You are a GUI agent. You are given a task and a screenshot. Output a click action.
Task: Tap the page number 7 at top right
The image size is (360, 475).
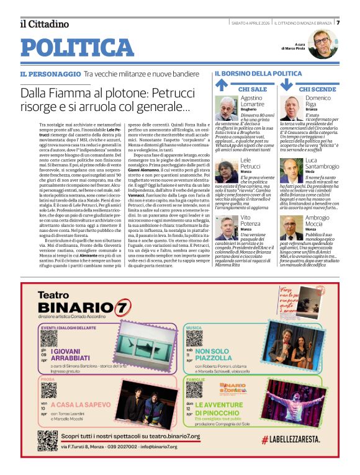[x=338, y=22]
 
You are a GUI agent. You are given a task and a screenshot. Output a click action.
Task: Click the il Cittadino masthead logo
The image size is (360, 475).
[x=44, y=24]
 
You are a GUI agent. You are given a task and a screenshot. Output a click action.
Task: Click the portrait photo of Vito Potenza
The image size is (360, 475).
[x=227, y=227]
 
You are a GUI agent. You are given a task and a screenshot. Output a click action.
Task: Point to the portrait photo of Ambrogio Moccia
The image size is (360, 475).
[x=291, y=227]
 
